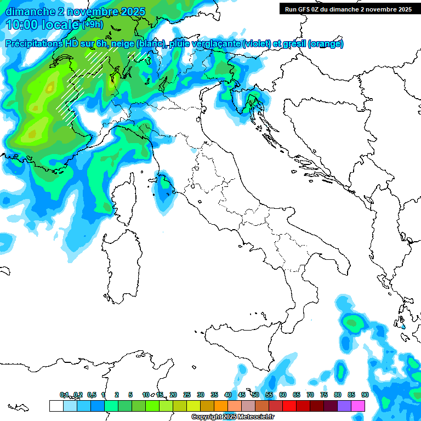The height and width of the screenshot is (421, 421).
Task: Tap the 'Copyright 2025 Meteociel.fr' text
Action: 232,417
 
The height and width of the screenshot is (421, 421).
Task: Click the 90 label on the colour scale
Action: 365,395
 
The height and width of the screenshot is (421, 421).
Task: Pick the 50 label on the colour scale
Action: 255,395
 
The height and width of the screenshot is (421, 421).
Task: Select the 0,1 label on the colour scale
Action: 64,395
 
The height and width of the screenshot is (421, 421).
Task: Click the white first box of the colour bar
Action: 56,406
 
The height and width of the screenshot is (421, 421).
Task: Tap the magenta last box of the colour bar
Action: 357,406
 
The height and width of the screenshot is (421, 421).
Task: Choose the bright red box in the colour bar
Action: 289,406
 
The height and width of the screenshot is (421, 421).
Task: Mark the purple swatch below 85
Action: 344,406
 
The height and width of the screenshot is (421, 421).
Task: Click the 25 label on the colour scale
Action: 187,395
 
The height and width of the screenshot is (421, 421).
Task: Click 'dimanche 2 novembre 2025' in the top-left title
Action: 76,12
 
